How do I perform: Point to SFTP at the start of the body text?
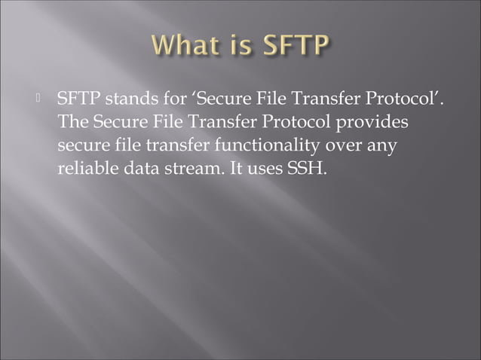(78, 99)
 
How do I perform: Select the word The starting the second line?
(71, 122)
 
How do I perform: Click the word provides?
(378, 122)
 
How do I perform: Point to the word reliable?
(84, 167)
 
